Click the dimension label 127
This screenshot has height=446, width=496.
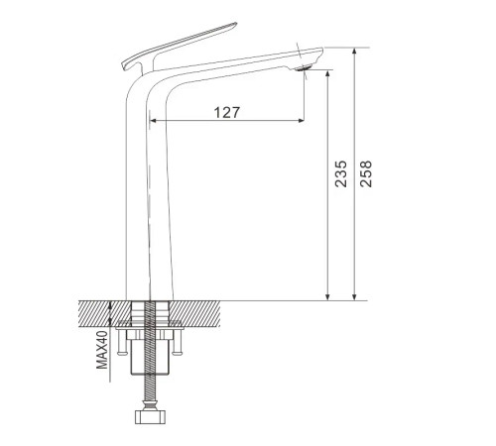coord(226,112)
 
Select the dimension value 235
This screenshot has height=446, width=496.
coord(341,174)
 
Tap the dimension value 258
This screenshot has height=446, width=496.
coord(366,174)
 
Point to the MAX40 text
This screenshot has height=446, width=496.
coord(102,350)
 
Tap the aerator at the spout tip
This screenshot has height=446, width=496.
coord(303,68)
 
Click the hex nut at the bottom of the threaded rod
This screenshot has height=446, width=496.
coord(150,416)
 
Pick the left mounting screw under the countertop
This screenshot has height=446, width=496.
coord(121,342)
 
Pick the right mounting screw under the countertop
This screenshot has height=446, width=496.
coord(178,342)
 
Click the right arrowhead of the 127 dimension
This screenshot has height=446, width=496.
coord(301,121)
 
